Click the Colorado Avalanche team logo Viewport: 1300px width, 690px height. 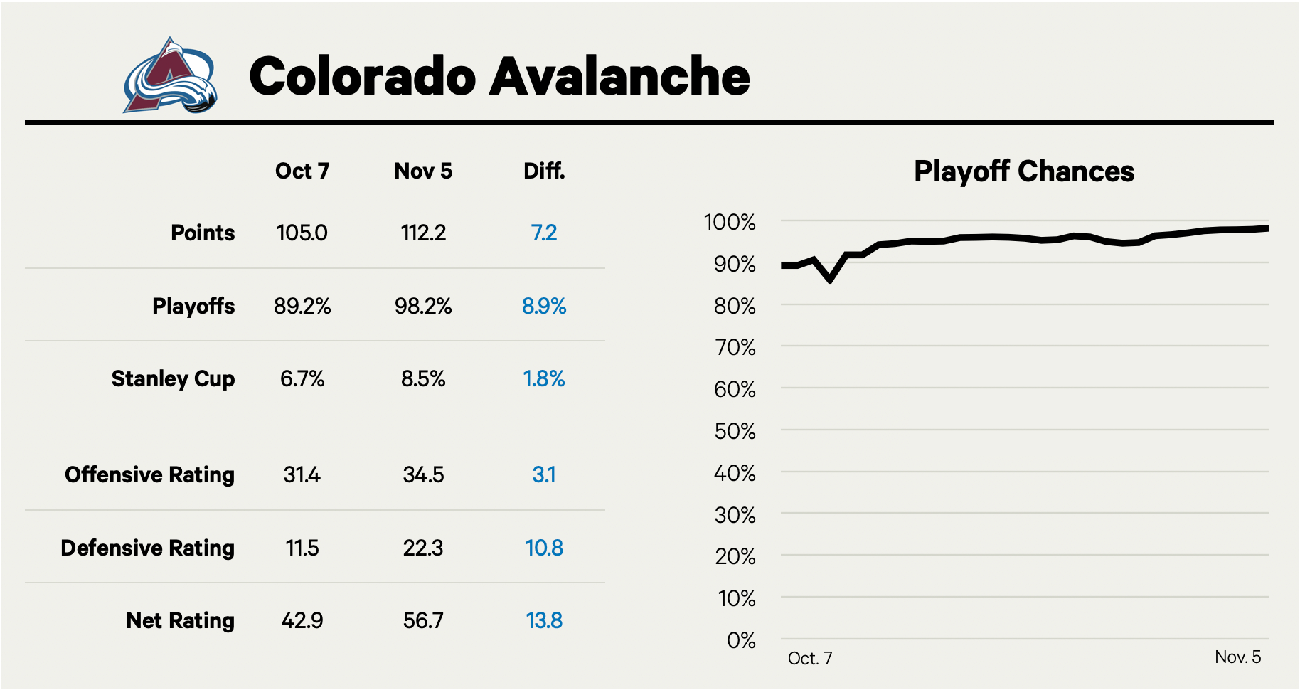tap(170, 76)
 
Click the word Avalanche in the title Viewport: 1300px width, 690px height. tap(619, 76)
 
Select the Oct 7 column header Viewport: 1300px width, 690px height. tap(302, 171)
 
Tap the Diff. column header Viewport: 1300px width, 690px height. tap(544, 171)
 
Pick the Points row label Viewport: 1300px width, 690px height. tap(203, 233)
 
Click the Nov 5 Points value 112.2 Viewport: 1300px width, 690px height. tap(423, 233)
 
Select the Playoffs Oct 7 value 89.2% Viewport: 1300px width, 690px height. tap(302, 307)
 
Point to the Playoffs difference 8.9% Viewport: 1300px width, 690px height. tap(544, 307)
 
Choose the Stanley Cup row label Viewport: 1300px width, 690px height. tap(173, 379)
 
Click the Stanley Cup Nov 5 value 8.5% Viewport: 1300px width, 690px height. tap(423, 379)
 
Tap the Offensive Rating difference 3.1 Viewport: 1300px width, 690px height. tap(544, 475)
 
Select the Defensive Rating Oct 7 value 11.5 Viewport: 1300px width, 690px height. tap(302, 548)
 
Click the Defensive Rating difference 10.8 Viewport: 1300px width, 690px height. tap(544, 548)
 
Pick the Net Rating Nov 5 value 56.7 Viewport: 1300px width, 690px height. tap(423, 621)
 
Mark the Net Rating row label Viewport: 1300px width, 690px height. tap(180, 621)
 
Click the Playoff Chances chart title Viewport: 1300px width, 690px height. tap(1024, 171)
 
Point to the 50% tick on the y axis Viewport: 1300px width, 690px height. tap(735, 431)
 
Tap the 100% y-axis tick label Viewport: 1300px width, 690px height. tap(730, 223)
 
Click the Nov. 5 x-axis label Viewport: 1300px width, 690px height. tap(1237, 657)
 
